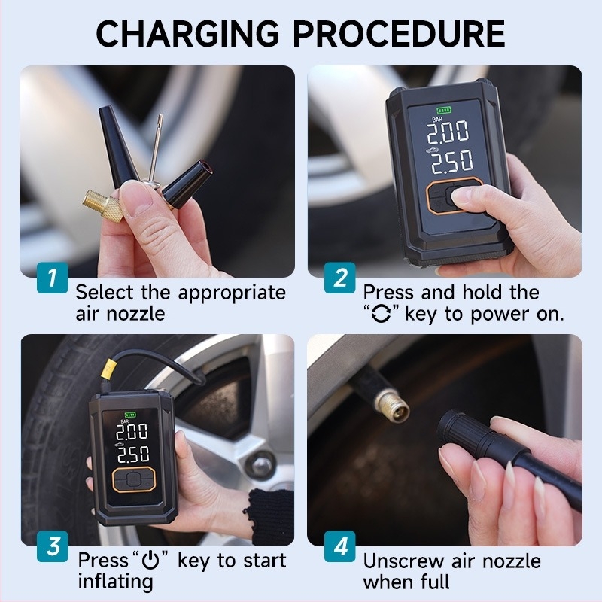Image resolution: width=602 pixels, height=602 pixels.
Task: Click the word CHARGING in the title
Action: tap(187, 33)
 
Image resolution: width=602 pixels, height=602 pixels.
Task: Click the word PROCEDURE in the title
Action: tap(399, 33)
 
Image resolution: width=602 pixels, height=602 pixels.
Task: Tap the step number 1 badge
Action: tap(53, 278)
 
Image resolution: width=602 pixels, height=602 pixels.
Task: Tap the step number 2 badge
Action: tap(340, 278)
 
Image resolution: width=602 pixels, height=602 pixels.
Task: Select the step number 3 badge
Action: tap(53, 546)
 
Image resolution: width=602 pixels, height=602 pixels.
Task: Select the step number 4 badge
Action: tap(340, 546)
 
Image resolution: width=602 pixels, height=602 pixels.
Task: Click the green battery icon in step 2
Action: tap(444, 110)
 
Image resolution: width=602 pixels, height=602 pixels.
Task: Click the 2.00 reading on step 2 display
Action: tap(448, 132)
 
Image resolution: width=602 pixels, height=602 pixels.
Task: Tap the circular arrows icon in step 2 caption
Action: tap(382, 314)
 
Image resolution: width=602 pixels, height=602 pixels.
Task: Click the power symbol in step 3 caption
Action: tap(150, 561)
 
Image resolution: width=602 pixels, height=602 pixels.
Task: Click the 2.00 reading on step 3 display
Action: tap(132, 432)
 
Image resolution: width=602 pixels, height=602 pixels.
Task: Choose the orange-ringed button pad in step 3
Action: tap(134, 479)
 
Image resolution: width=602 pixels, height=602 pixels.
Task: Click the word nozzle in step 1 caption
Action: tap(135, 314)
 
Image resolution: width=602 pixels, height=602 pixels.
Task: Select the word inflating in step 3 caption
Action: tap(116, 581)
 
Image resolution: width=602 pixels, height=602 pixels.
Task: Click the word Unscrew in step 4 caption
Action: tap(403, 561)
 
